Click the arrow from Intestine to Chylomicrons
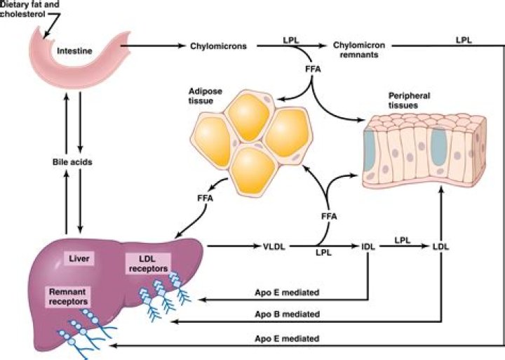[151, 46]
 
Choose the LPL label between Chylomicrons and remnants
[291, 40]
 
